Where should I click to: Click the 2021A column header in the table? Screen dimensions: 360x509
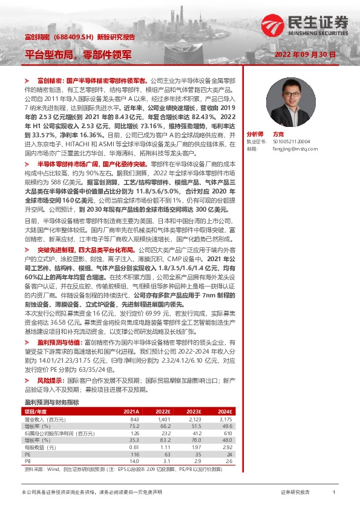131,412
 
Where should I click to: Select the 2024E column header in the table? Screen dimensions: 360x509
224,412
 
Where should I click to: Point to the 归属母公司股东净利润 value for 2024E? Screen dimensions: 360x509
225,433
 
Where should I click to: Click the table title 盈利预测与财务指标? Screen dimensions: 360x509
51,402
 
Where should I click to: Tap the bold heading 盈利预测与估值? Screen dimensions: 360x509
57,343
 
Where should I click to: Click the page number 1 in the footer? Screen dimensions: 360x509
333,493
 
